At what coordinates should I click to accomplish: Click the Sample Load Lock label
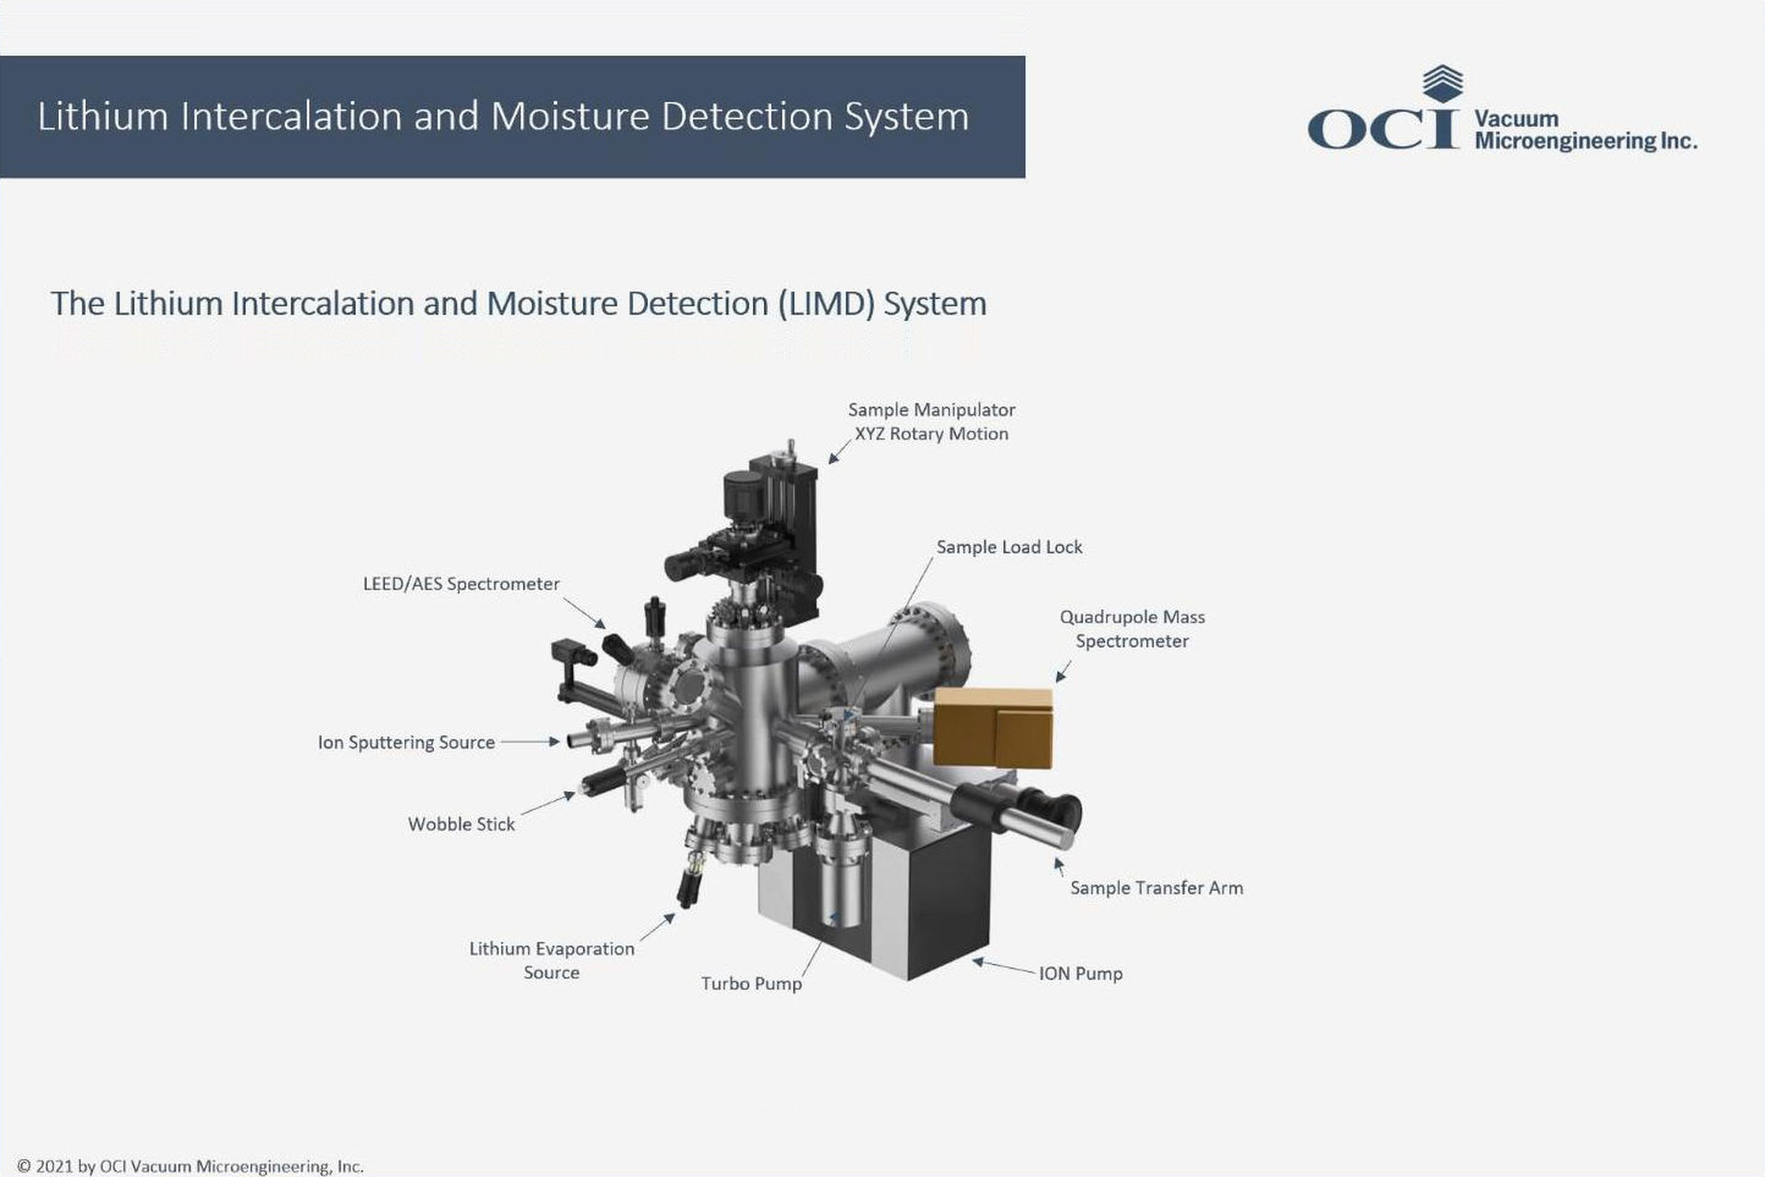click(x=1009, y=547)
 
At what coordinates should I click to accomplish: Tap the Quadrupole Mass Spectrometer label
click(x=1133, y=629)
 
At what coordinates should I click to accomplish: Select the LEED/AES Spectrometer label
click(x=461, y=584)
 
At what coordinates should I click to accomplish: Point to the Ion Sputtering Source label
click(x=406, y=742)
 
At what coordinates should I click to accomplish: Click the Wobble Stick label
click(x=461, y=824)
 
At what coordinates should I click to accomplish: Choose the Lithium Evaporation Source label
click(x=552, y=960)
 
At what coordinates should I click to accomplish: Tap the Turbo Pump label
click(x=751, y=984)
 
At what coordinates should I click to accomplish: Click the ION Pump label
click(x=1081, y=974)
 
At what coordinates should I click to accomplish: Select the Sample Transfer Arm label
click(x=1156, y=888)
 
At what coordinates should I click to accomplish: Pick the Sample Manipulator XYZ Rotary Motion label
click(x=931, y=422)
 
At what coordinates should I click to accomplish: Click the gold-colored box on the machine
click(x=993, y=726)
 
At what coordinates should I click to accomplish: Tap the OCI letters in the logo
click(x=1384, y=130)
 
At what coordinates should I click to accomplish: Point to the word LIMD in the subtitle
click(x=826, y=303)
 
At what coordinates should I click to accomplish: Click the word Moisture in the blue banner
click(x=570, y=117)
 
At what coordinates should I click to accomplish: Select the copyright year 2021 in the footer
click(x=56, y=1167)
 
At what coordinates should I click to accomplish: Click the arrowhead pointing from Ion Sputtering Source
click(x=554, y=741)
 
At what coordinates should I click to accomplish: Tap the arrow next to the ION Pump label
click(x=1004, y=966)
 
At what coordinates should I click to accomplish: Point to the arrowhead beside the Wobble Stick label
click(x=570, y=796)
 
